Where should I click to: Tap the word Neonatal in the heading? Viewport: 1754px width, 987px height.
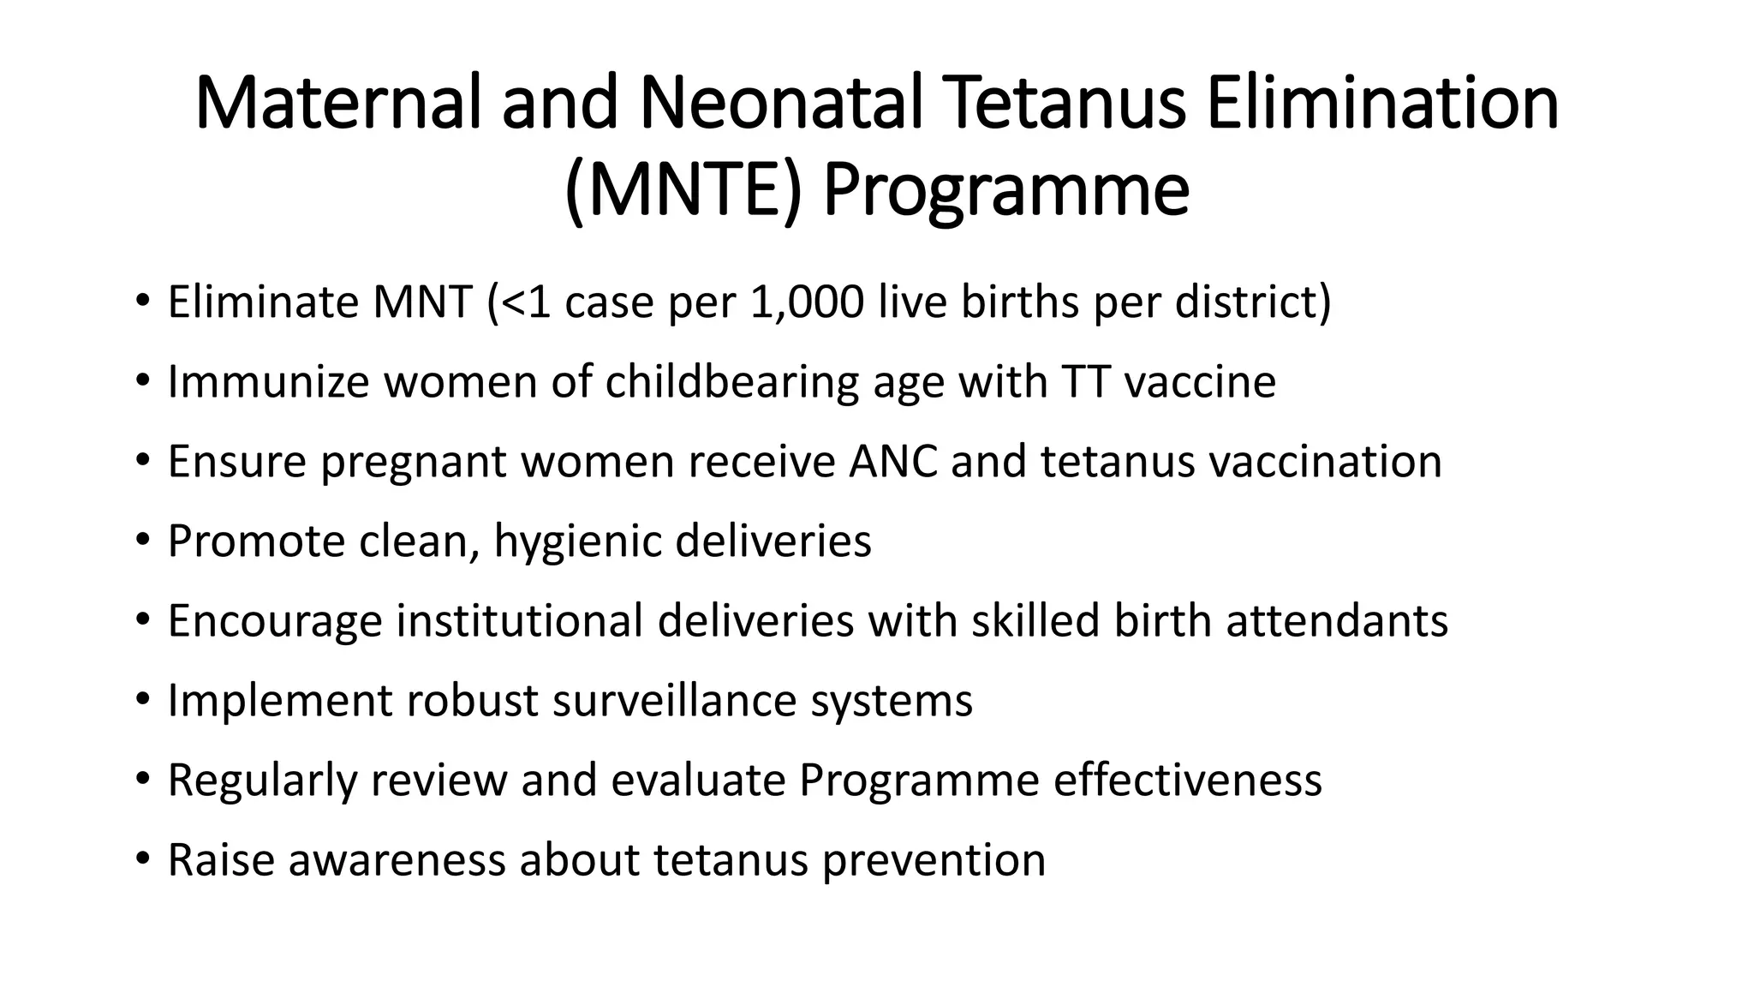click(x=780, y=104)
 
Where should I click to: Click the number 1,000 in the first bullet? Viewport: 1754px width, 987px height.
click(x=806, y=302)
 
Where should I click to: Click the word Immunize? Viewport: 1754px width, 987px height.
click(x=268, y=381)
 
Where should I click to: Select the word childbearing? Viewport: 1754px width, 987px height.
click(x=731, y=381)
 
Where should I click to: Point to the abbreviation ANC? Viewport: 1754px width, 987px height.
click(x=893, y=461)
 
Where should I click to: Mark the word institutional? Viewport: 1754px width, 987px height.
click(x=519, y=620)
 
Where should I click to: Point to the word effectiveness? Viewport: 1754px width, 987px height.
click(x=1187, y=780)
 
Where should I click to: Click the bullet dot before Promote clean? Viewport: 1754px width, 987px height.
click(x=142, y=541)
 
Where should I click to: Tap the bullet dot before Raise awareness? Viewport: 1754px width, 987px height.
click(x=142, y=860)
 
